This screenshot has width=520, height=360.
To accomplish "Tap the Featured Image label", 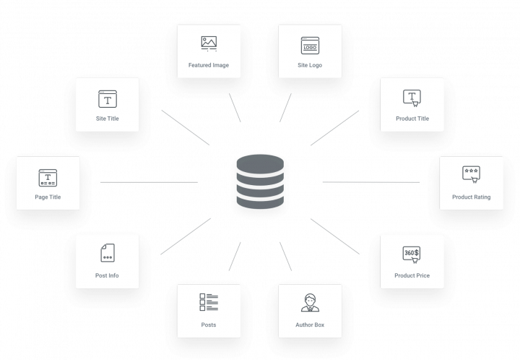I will tap(209, 65).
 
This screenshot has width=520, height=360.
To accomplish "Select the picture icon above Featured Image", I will tap(209, 43).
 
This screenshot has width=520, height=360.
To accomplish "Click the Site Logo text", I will tap(310, 65).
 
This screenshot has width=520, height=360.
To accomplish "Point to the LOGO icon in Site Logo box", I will tap(310, 46).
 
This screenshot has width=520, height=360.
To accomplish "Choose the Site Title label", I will tap(107, 118).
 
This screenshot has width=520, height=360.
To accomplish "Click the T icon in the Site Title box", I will tap(107, 98).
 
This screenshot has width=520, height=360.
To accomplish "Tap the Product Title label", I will tap(412, 119).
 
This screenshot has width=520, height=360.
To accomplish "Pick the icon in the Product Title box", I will tap(412, 98).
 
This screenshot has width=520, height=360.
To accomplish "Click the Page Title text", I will tap(48, 197).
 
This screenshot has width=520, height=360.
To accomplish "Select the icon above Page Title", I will tap(48, 177).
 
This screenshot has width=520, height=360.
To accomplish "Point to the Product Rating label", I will tap(471, 197).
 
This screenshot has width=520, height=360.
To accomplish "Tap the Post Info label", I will tap(107, 275).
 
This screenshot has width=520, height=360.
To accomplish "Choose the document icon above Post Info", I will tap(107, 253).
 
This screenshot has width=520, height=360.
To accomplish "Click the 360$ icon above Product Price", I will tap(412, 254).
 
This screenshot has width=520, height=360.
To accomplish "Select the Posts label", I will tap(209, 325).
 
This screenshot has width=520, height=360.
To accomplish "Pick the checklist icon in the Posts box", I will tap(209, 303).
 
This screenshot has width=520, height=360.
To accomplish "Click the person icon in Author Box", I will tap(310, 303).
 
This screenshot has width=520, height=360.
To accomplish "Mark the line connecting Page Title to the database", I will tap(148, 182).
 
